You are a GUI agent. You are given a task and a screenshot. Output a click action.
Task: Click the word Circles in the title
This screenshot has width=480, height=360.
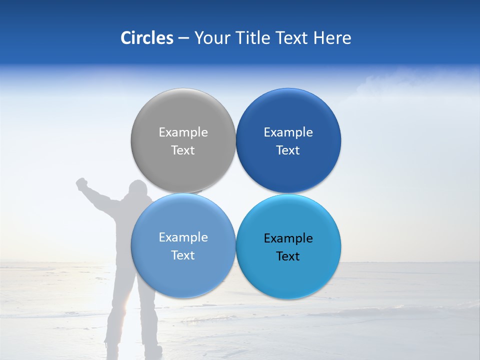tap(147, 38)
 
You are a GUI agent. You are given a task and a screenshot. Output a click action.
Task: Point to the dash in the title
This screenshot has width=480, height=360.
tap(183, 38)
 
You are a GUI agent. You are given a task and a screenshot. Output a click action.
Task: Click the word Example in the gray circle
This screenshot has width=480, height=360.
tap(183, 132)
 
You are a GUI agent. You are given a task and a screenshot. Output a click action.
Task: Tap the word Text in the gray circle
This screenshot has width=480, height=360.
tap(183, 150)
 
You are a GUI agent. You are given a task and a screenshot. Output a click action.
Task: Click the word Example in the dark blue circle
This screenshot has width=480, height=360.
tap(288, 132)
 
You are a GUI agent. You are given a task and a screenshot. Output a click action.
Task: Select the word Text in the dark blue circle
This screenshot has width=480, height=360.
tap(288, 150)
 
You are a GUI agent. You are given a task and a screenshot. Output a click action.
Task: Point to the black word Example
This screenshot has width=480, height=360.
tap(288, 238)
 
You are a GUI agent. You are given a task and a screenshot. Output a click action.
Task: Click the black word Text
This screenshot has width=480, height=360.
tap(288, 256)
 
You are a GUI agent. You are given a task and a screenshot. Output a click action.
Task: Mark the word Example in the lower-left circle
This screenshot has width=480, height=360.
tap(183, 237)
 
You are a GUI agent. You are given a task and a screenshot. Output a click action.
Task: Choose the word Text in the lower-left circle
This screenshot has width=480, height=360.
tap(183, 255)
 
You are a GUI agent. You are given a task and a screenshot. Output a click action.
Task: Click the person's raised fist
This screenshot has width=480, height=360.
tap(81, 183)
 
